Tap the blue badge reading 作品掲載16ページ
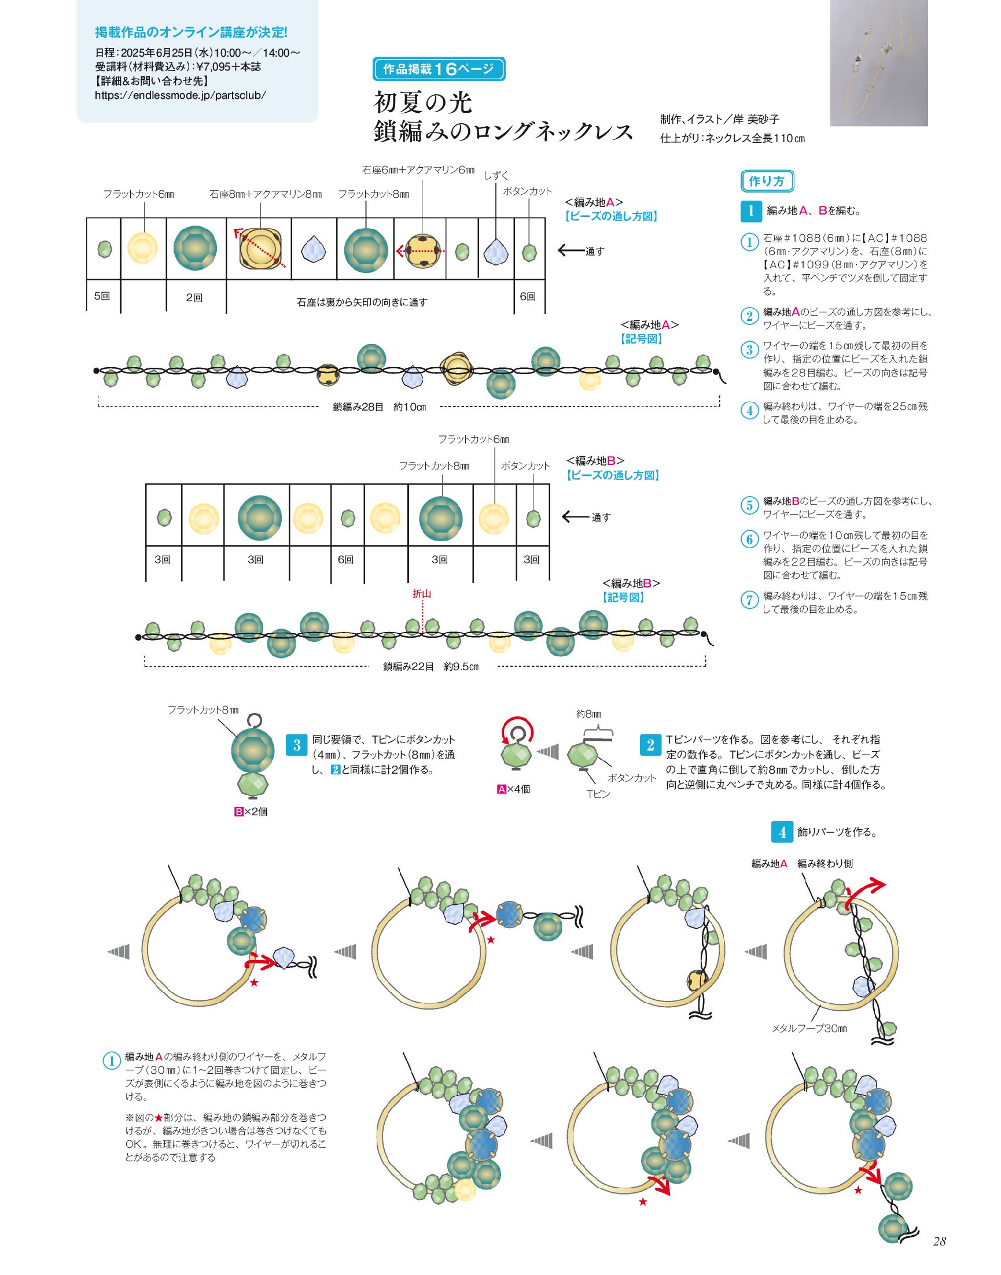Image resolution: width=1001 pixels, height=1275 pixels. pyautogui.click(x=439, y=69)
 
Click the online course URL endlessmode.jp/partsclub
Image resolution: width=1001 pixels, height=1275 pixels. pyautogui.click(x=181, y=95)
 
